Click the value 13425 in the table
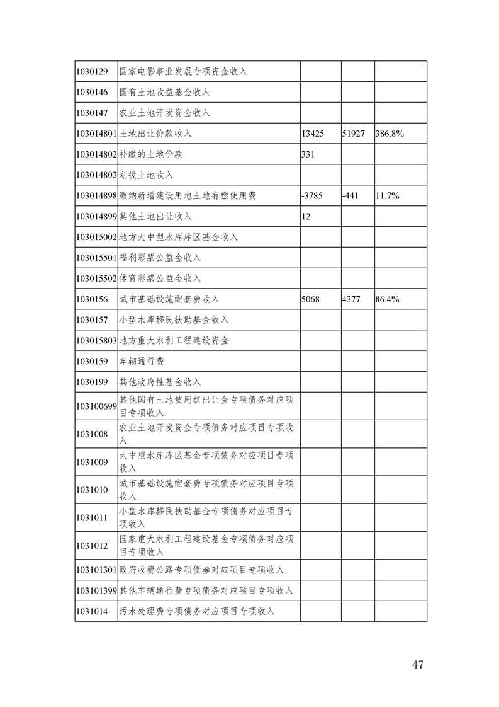(x=313, y=134)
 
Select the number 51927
(x=354, y=134)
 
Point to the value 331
(x=308, y=154)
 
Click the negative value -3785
(x=312, y=196)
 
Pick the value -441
(x=350, y=196)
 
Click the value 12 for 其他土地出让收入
(x=306, y=216)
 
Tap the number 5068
(x=311, y=299)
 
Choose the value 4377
(x=351, y=299)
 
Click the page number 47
(x=417, y=665)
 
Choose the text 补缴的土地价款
(x=151, y=154)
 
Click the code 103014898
(x=96, y=196)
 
